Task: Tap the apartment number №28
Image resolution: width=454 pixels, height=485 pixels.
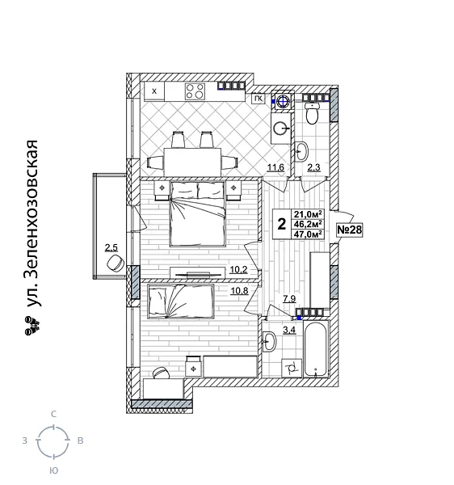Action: (348, 230)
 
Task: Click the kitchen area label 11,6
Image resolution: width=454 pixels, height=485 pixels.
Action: (275, 167)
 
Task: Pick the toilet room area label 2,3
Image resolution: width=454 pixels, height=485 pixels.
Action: (315, 167)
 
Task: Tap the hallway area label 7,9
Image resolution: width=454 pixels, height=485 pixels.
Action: (288, 298)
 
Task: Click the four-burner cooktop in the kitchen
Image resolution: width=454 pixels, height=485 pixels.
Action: (195, 91)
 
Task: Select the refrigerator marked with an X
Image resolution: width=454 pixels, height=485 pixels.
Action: (153, 91)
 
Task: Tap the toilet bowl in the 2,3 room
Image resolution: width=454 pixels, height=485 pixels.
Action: (314, 114)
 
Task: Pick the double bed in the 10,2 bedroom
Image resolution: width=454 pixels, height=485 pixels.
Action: (199, 215)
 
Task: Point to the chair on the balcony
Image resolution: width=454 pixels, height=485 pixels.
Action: (113, 264)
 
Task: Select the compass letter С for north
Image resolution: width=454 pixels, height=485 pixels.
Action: (53, 414)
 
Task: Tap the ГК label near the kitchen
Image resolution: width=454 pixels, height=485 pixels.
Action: (258, 99)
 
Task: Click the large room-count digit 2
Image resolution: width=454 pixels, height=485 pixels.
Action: (281, 224)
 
